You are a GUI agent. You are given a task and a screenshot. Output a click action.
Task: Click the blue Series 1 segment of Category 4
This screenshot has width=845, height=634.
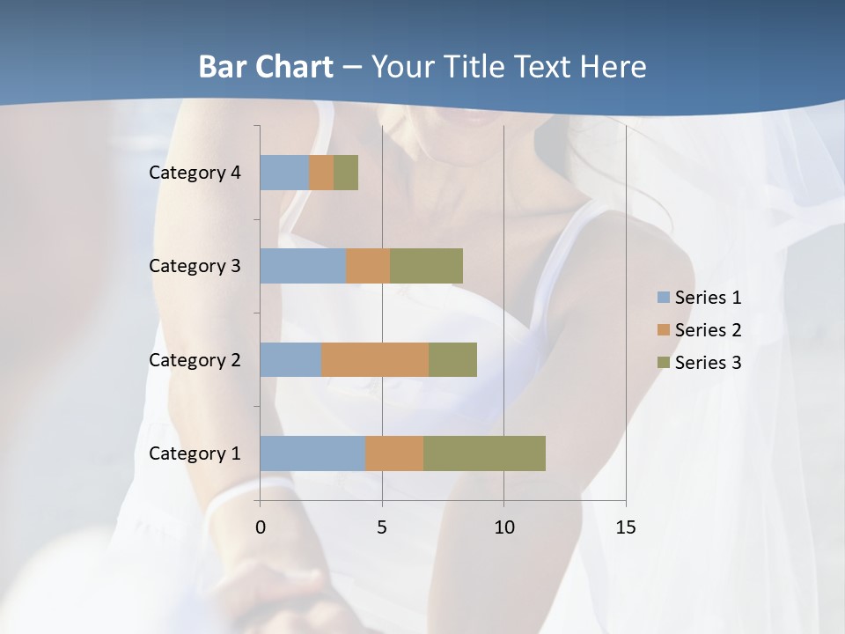coord(284,173)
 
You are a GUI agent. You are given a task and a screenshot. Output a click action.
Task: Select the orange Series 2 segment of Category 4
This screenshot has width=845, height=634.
coord(321,173)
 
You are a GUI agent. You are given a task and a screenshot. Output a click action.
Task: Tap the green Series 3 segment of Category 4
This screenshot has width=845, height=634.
coord(346,173)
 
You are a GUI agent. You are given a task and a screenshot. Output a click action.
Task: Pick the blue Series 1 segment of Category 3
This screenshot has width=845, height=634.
coord(303,266)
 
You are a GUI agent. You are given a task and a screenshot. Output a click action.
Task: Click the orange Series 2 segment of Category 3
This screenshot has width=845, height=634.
coord(368,266)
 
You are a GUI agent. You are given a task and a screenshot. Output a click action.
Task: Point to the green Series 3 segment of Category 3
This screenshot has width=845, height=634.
coord(426,266)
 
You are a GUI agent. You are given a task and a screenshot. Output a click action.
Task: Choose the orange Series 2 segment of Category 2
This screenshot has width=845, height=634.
coord(375,359)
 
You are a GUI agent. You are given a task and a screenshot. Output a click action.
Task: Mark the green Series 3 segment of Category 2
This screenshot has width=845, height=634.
coord(452,359)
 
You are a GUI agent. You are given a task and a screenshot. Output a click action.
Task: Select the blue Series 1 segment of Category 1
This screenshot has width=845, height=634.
coord(312,453)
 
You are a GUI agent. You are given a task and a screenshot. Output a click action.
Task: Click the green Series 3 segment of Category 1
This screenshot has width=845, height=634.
coord(484,453)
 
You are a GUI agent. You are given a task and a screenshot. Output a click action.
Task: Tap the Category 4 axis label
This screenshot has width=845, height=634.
coord(195,173)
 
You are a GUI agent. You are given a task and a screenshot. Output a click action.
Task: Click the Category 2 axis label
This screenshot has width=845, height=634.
coord(195,359)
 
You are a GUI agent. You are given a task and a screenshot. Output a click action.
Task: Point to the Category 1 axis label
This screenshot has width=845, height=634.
coord(195,453)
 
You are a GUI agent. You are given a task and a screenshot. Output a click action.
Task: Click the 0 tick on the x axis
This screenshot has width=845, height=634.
coord(260,527)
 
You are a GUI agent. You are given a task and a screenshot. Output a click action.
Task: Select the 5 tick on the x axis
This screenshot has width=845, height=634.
coord(382,527)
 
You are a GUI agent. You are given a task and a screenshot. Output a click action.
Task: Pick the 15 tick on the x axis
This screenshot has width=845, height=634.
coord(625,527)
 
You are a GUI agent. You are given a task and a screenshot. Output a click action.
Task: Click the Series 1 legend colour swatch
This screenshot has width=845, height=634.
coord(664,298)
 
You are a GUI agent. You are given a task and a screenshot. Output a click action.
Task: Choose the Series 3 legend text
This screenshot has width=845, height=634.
coord(708,363)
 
